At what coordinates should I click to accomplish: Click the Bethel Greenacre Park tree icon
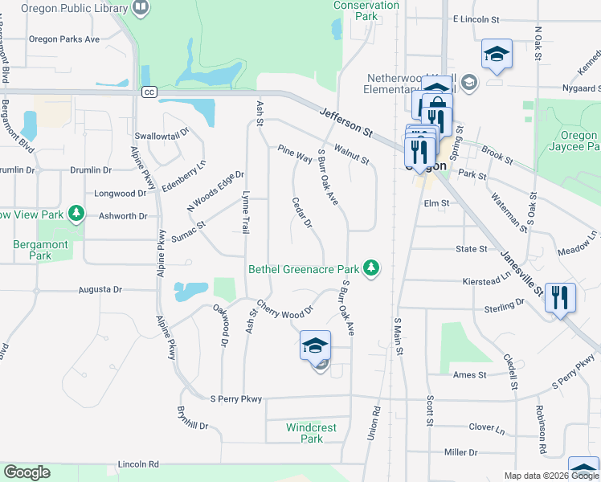[x=370, y=268]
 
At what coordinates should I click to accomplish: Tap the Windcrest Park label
[x=311, y=433]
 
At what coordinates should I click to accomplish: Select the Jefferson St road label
[x=346, y=121]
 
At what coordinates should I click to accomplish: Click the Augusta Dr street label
[x=100, y=289]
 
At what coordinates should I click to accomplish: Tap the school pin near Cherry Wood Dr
[x=315, y=346]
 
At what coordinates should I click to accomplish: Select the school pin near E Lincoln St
[x=497, y=55]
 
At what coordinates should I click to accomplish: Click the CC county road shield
[x=149, y=92]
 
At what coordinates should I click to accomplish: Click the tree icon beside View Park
[x=76, y=213]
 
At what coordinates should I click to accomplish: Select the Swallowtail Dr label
[x=161, y=134]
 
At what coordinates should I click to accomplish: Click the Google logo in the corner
[x=27, y=472]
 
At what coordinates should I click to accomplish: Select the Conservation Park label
[x=366, y=10]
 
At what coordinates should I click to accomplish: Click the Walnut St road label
[x=351, y=154]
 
